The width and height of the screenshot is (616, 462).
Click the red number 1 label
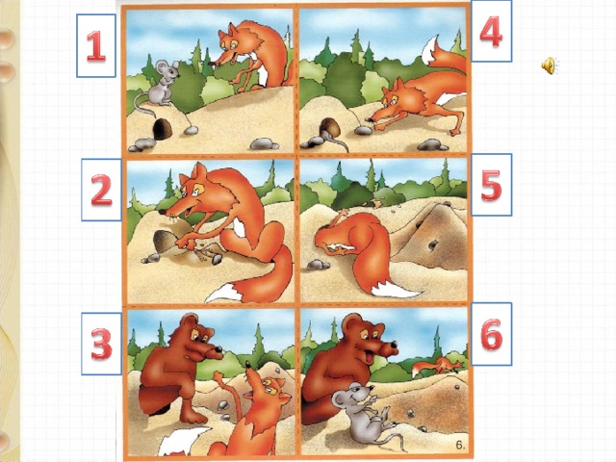pyautogui.click(x=96, y=46)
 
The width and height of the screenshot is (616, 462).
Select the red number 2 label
pyautogui.click(x=102, y=191)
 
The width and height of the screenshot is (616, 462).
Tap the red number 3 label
pyautogui.click(x=102, y=345)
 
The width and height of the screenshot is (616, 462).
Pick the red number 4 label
pyautogui.click(x=491, y=32)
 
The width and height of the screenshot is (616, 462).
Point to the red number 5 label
pyautogui.click(x=492, y=185)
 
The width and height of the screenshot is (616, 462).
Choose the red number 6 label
pyautogui.click(x=492, y=334)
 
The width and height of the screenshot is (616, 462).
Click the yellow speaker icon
pyautogui.click(x=549, y=65)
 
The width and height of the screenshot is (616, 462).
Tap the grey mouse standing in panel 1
pyautogui.click(x=159, y=85)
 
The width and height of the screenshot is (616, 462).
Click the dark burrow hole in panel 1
pyautogui.click(x=163, y=129)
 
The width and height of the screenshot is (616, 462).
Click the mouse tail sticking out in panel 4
pyautogui.click(x=337, y=141)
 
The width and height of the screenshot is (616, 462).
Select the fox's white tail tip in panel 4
pyautogui.click(x=431, y=48)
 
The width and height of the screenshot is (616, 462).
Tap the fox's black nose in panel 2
pyautogui.click(x=163, y=212)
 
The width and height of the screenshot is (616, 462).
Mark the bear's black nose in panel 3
pyautogui.click(x=218, y=348)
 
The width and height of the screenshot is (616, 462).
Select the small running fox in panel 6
pyautogui.click(x=437, y=366)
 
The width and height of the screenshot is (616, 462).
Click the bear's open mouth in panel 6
pyautogui.click(x=370, y=358)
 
